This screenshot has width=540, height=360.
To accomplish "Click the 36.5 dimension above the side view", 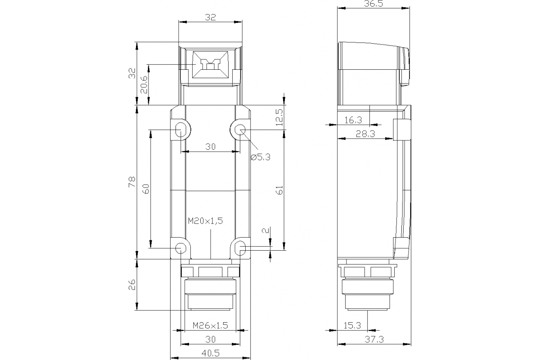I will click(374, 4).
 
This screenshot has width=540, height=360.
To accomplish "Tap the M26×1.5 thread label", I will click(211, 325).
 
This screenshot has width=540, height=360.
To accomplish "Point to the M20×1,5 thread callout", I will click(206, 221).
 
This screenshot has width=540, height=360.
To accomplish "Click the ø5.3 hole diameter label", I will click(260, 157).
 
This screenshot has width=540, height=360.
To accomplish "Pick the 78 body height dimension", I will click(131, 182).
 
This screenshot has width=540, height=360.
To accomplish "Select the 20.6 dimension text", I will click(144, 84).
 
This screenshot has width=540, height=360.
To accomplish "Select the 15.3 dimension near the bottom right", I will click(352, 325).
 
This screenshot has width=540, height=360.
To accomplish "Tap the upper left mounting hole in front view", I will click(180, 130).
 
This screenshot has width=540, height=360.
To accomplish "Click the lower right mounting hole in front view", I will click(241, 248).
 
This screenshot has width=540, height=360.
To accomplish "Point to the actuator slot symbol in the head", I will click(210, 64).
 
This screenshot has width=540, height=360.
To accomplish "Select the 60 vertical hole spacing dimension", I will click(145, 189).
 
